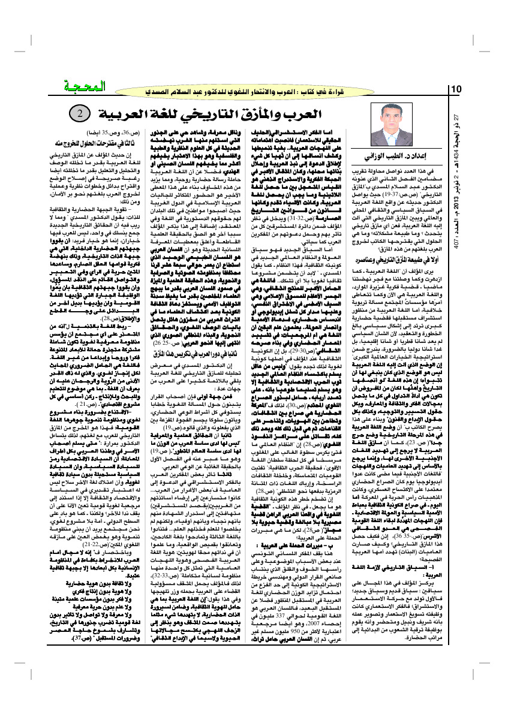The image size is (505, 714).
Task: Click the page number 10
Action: (x=456, y=89)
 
